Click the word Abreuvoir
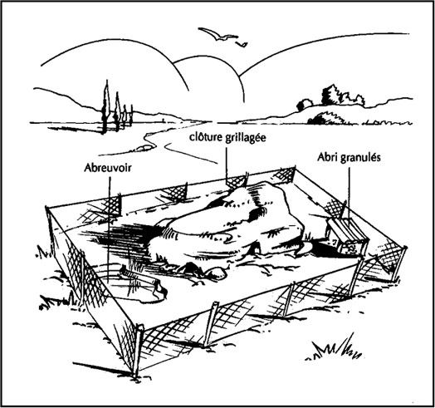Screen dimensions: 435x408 coord(107,168)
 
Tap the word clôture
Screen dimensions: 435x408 coord(206,137)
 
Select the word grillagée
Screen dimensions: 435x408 coord(245,138)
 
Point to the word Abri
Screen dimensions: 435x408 coord(327,157)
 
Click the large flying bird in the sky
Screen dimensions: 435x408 coord(218,34)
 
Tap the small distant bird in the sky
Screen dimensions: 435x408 coord(241,44)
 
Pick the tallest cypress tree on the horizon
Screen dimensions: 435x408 coord(105,107)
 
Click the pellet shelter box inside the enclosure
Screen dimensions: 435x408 coord(347,234)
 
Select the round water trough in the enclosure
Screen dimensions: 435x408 coord(133,286)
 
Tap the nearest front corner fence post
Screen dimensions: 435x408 coord(137,352)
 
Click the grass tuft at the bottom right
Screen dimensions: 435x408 coord(335,348)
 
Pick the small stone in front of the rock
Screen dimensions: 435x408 coord(217,273)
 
